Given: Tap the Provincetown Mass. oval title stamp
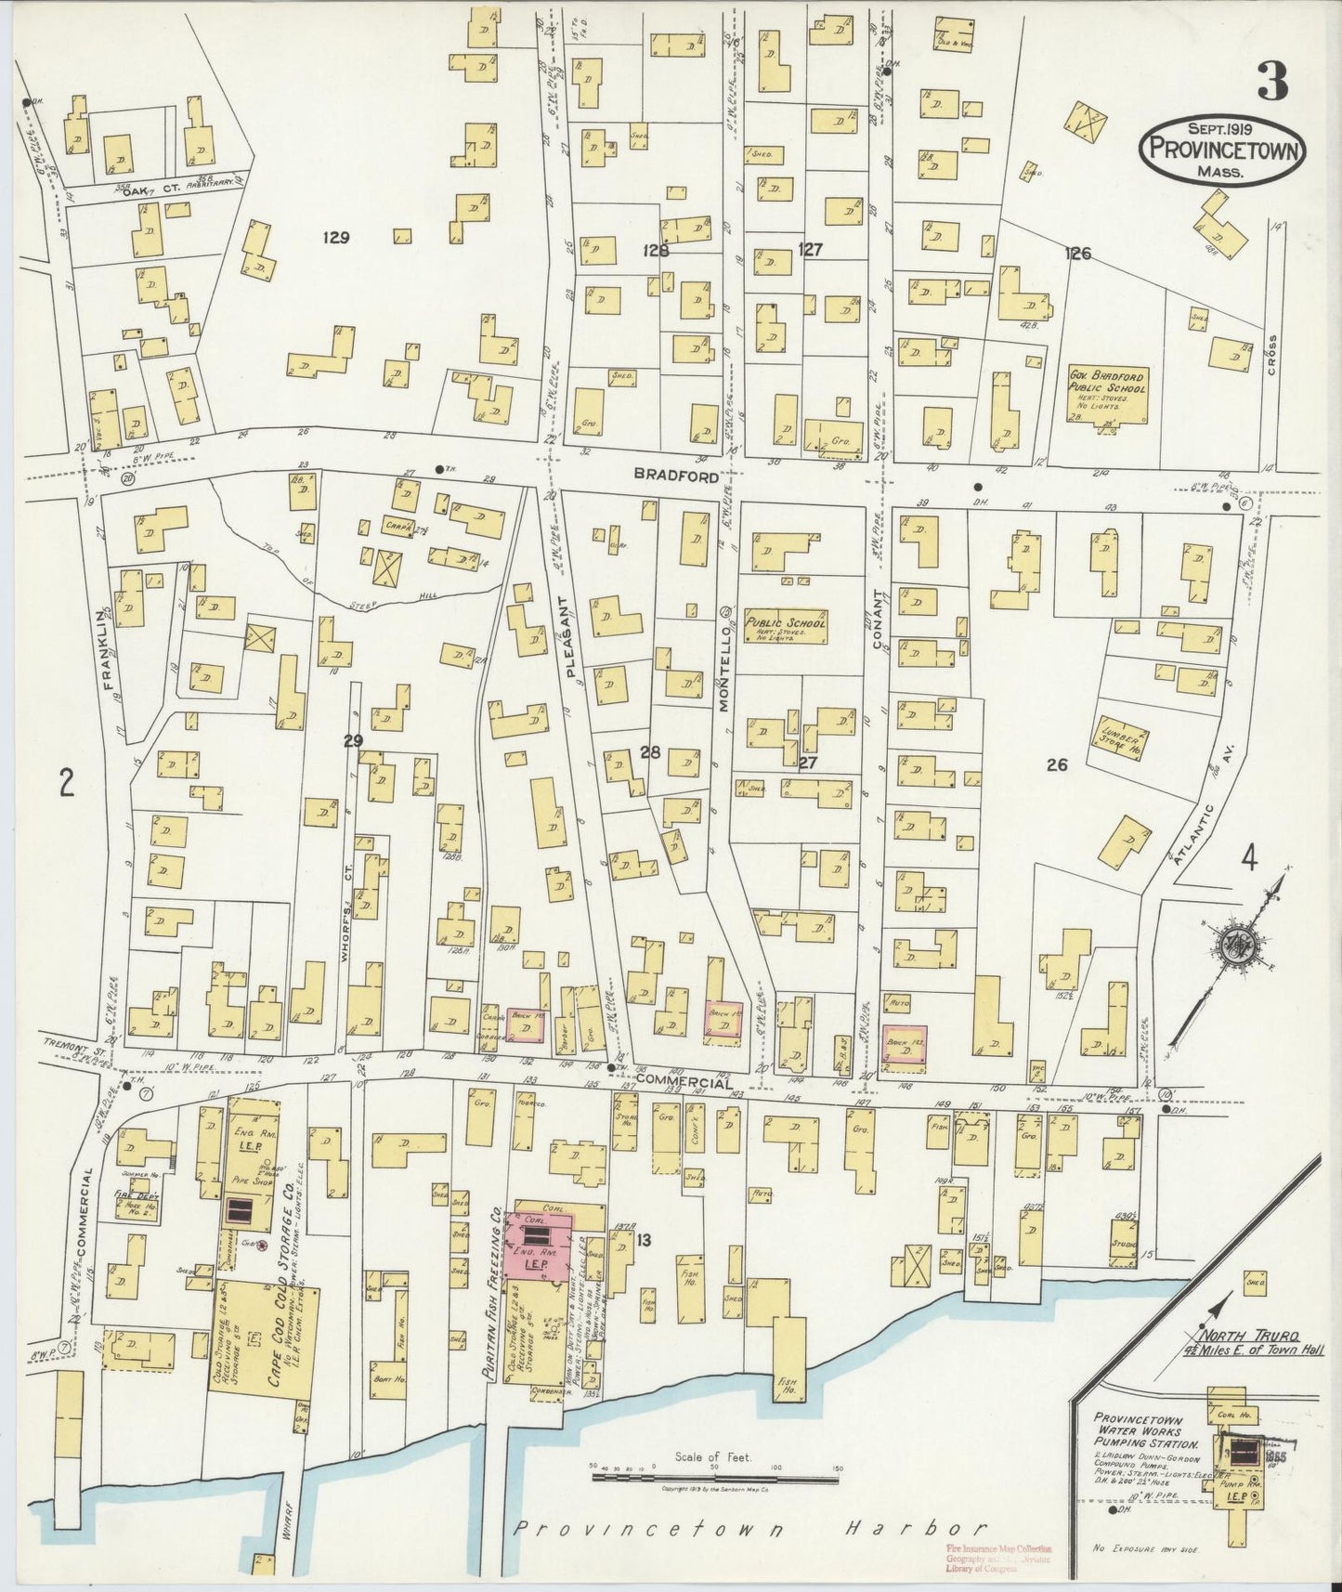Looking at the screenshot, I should click(x=1223, y=150).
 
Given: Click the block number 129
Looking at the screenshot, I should click(x=335, y=238).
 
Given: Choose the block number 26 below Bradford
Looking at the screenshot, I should click(x=1056, y=765).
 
